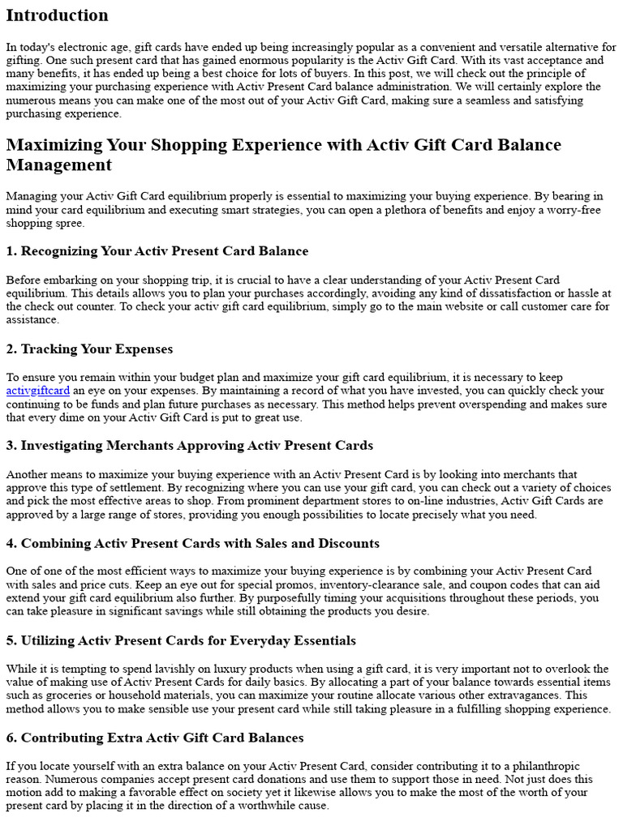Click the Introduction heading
(x=57, y=15)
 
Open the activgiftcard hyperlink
(x=37, y=390)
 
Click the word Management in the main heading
(x=59, y=165)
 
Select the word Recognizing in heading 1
(x=58, y=251)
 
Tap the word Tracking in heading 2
(x=49, y=349)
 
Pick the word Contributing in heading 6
(x=62, y=738)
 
